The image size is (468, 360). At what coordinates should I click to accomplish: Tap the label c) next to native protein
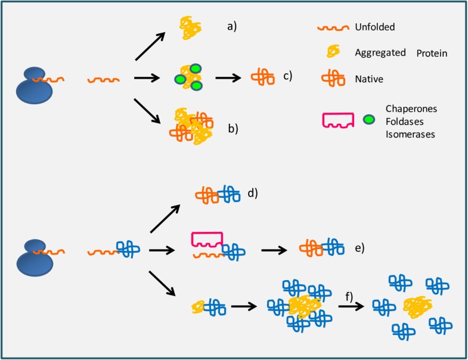point(287,76)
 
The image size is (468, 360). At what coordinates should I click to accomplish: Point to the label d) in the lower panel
point(253,193)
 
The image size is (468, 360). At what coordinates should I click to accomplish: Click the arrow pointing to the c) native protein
point(227,77)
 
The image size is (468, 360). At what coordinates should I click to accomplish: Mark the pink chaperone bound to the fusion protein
point(207,238)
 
